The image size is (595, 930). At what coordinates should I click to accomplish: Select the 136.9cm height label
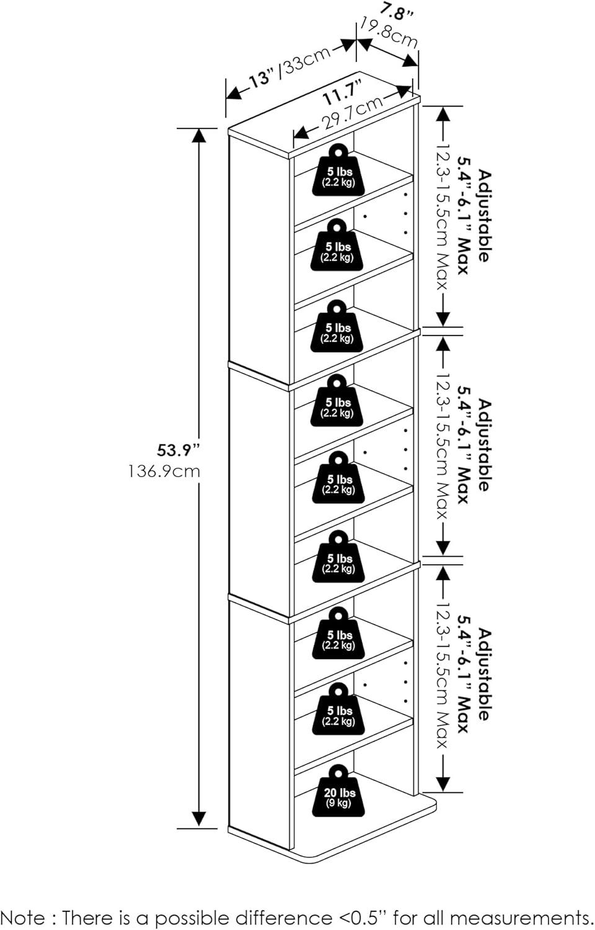(165, 471)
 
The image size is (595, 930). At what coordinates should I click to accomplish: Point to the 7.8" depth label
(397, 11)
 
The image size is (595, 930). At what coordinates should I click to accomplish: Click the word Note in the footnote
(22, 918)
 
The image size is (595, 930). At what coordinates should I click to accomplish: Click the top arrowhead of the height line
(198, 135)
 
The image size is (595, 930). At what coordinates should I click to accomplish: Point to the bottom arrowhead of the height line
(198, 820)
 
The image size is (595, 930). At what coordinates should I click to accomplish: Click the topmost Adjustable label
(484, 216)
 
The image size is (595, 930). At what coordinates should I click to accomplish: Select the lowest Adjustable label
(484, 675)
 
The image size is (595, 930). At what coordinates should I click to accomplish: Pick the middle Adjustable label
(484, 445)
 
